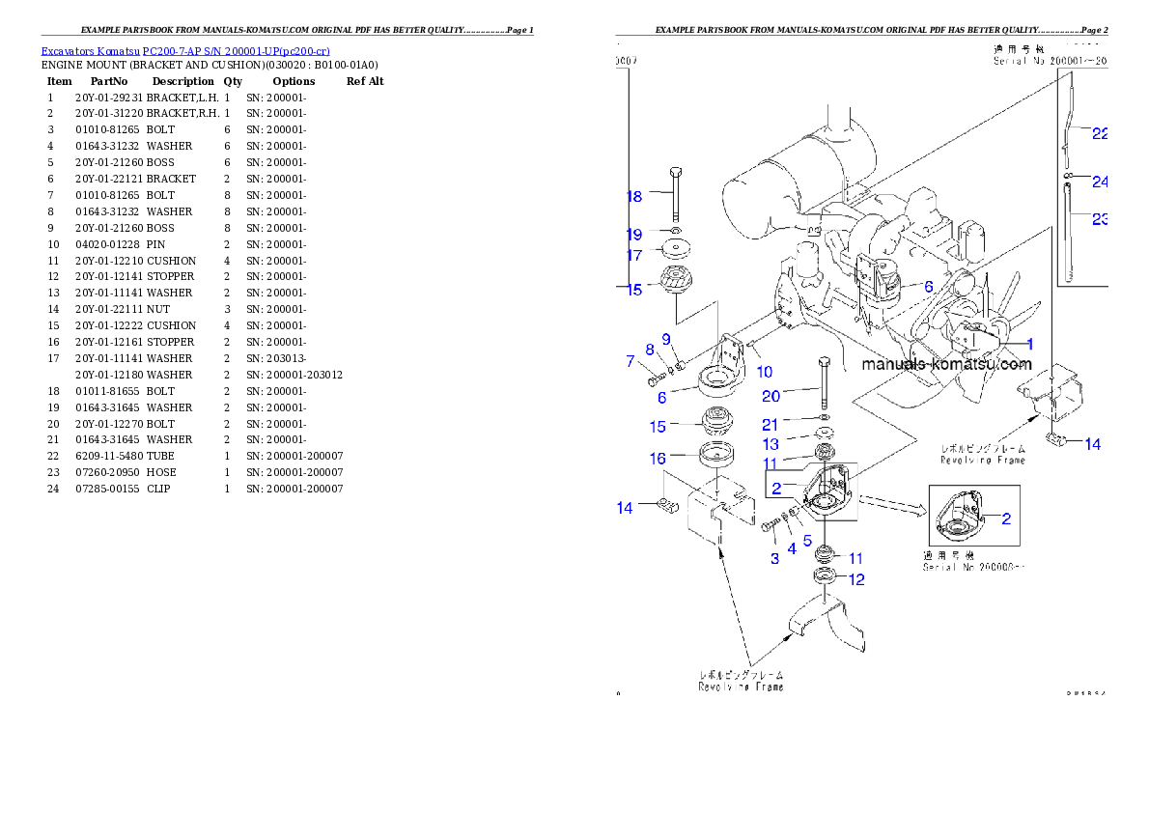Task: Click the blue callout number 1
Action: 1029,344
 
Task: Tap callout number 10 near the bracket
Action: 764,372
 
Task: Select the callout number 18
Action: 633,197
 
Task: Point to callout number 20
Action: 771,396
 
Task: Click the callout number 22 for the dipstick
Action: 1100,134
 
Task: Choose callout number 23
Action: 1100,219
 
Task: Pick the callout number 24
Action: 1100,182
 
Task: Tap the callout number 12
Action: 856,579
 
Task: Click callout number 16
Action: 658,458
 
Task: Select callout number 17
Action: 633,256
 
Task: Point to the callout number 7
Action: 631,362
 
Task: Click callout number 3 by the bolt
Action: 774,559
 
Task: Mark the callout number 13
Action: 771,444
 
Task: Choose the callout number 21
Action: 771,424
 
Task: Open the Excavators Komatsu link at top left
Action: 185,51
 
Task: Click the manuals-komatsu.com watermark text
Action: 946,365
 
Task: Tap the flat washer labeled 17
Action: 675,250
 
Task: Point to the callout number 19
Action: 633,235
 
